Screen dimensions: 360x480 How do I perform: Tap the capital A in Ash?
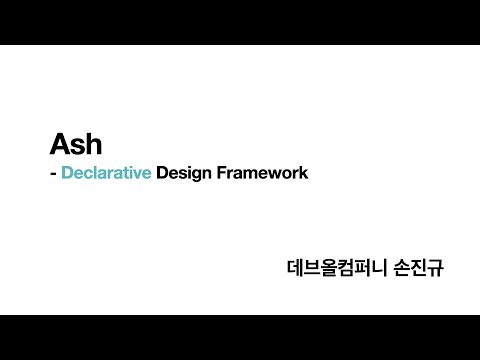coord(59,143)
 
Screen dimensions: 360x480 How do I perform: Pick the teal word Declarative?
coord(106,172)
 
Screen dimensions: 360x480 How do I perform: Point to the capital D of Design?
coord(162,172)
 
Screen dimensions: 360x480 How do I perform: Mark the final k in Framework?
coord(303,172)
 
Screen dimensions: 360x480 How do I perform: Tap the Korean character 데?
coord(294,268)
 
